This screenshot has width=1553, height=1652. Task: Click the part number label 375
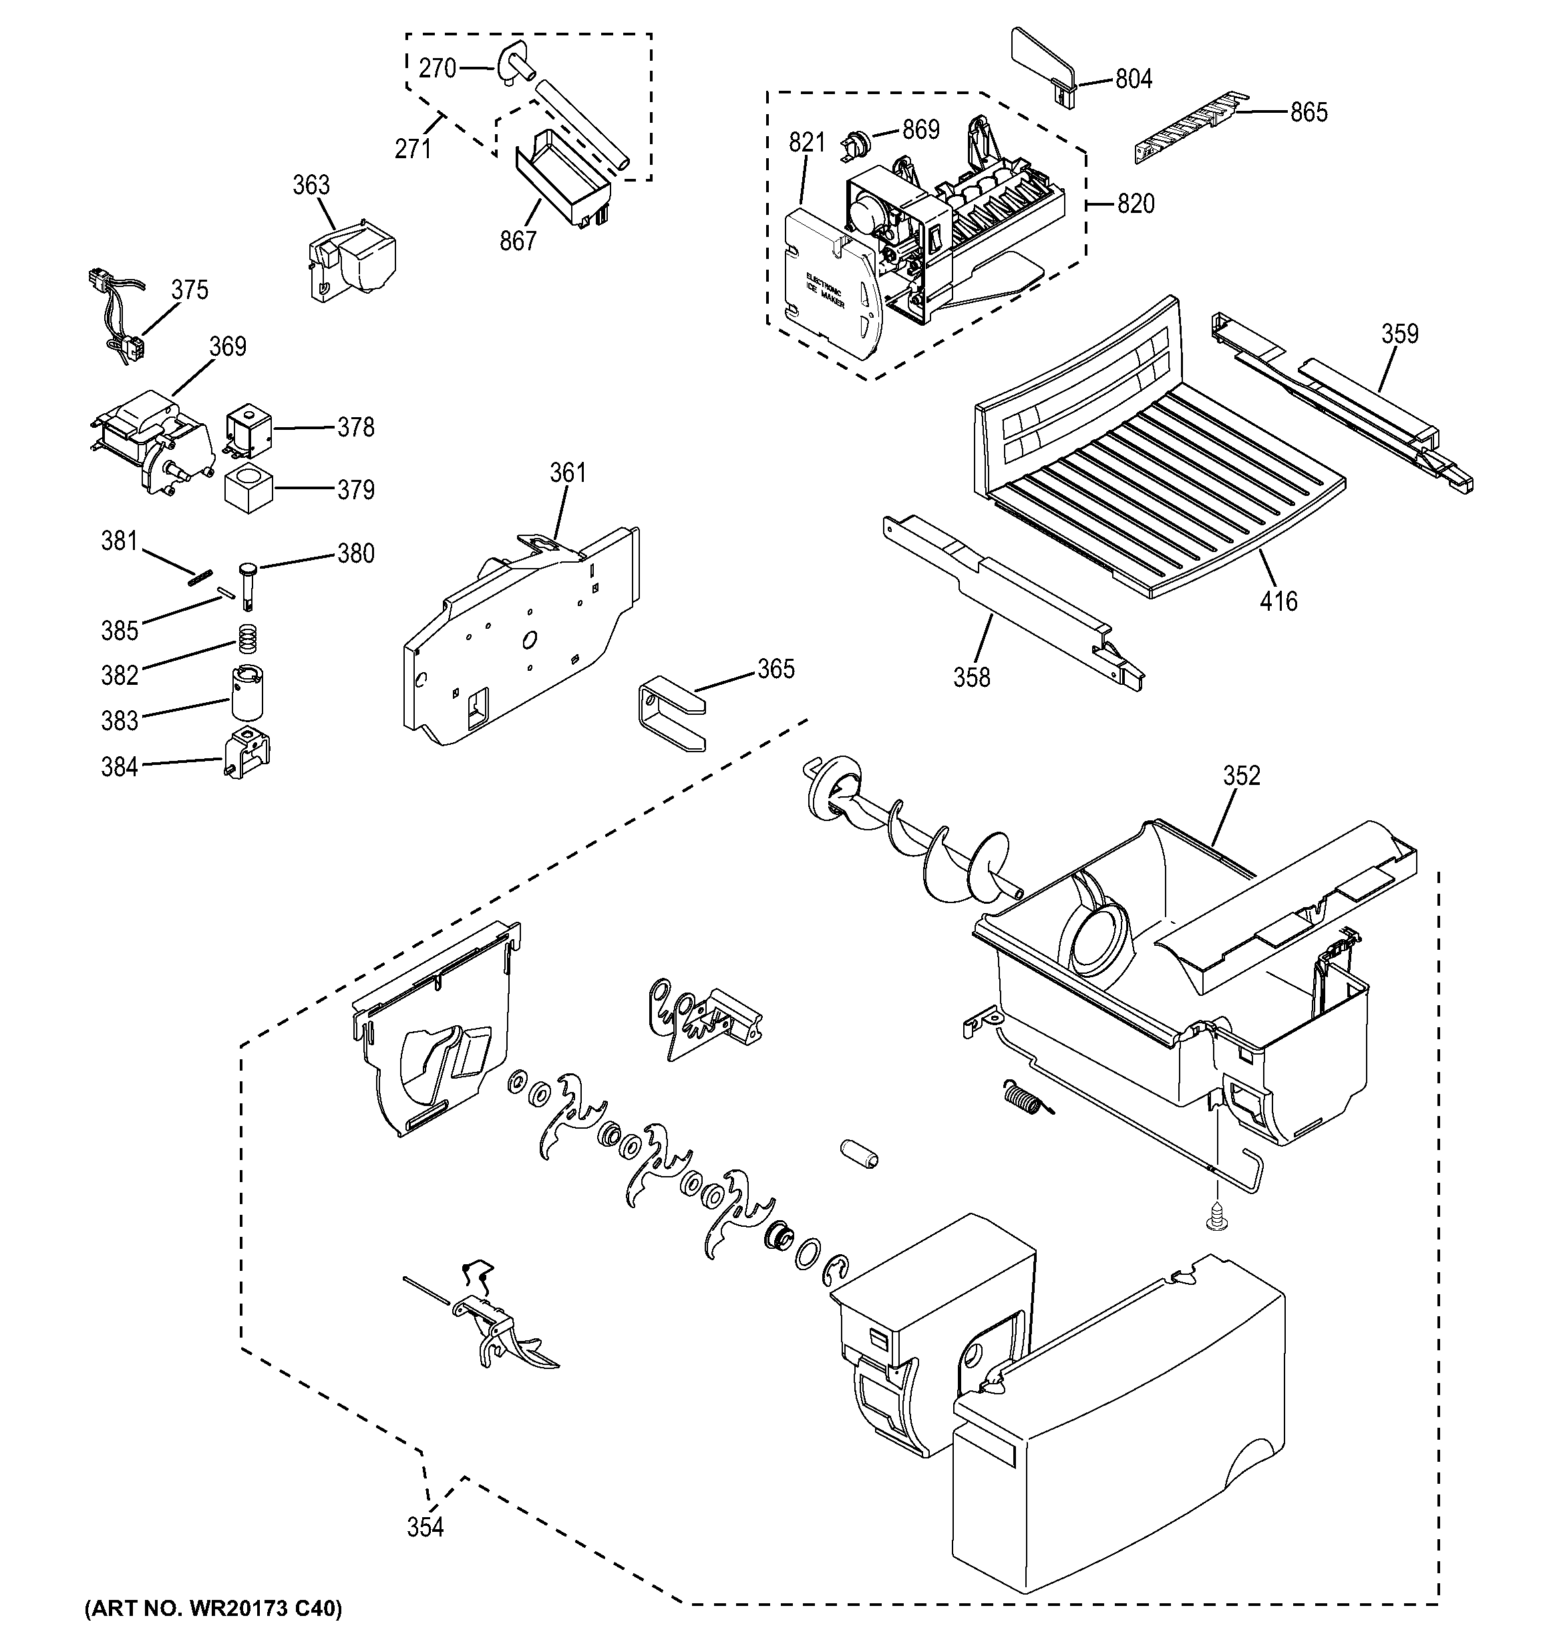point(190,290)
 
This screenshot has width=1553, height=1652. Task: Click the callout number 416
point(1278,601)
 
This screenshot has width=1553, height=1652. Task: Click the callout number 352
point(1241,776)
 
